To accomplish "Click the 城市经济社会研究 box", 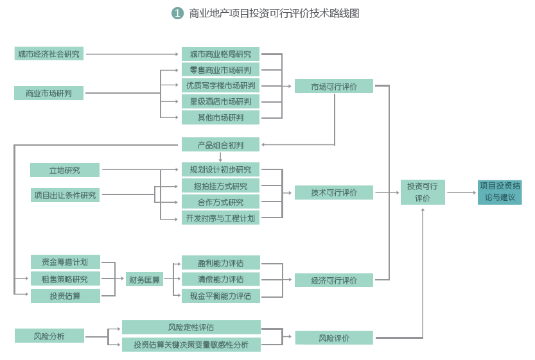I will [49, 54].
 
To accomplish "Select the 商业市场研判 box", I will [49, 93].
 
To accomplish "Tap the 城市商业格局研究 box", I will [220, 54].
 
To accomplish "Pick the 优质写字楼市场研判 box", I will [220, 85].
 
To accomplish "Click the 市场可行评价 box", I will [334, 86].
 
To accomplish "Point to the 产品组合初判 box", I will [220, 144].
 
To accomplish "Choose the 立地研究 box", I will [65, 170].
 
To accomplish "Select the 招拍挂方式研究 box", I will [220, 186].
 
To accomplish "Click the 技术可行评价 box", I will [334, 193].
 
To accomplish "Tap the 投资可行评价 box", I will [423, 193].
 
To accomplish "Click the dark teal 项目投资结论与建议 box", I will [500, 192].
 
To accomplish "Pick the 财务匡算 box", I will [145, 279].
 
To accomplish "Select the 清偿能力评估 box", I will [220, 279].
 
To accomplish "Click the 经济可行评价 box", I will [334, 280].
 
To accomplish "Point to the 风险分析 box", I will [49, 336].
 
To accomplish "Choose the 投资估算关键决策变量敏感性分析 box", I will [191, 345].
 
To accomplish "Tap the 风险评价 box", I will [334, 338].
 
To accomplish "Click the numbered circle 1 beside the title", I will [178, 13].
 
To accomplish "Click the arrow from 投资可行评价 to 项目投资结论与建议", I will [461, 193].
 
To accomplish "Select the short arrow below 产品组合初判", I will [220, 157].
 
